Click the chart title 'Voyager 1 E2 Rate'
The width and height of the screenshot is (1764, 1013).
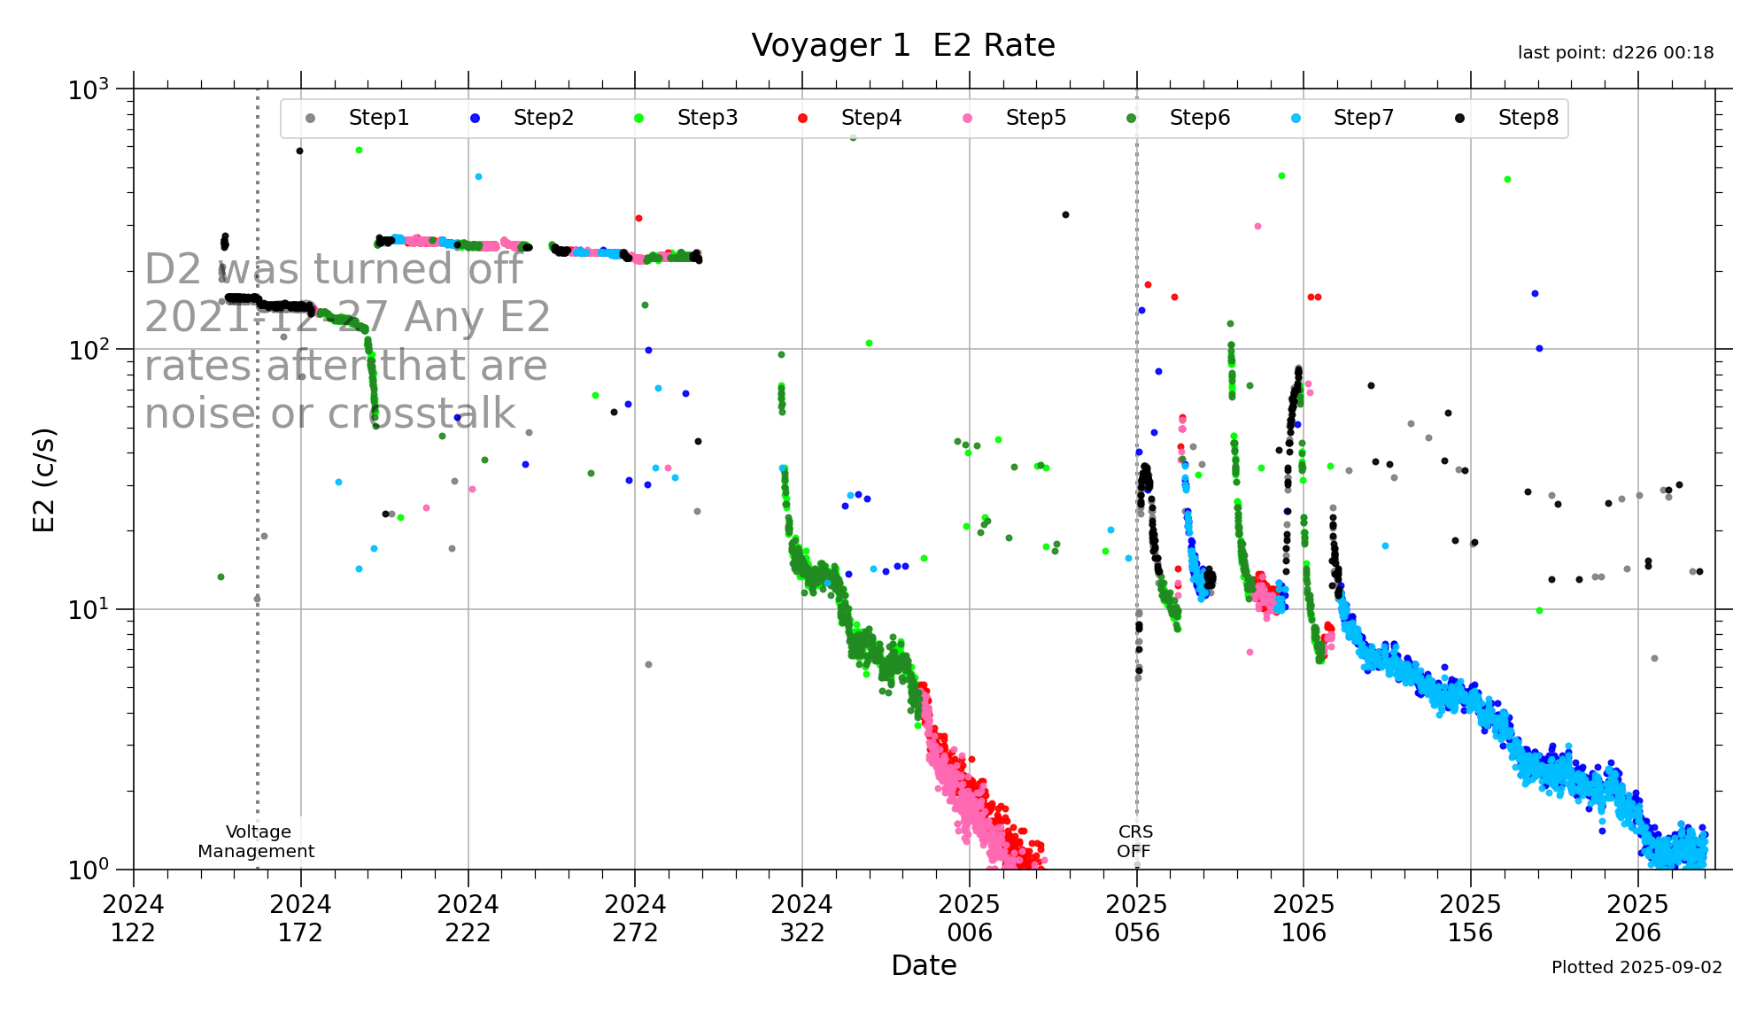pos(902,45)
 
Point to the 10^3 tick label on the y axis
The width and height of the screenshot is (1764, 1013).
pos(89,89)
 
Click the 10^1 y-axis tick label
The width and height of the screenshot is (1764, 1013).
pos(89,610)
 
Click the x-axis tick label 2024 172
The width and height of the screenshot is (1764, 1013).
pos(300,918)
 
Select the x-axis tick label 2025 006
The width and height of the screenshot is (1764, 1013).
pos(969,918)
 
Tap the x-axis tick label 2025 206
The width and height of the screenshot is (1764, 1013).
pos(1637,918)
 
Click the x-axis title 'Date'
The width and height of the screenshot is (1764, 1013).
pos(924,965)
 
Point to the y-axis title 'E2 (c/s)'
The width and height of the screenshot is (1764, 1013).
pos(44,480)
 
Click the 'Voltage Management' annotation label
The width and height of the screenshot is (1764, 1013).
pos(257,841)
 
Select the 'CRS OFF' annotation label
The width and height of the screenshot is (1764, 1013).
pos(1134,841)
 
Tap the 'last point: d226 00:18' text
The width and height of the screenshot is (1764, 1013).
pos(1615,53)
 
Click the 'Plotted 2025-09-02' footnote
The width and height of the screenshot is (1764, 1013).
pos(1636,967)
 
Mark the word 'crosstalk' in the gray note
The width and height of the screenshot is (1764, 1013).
pos(422,414)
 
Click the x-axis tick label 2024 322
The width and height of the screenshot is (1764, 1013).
pos(801,918)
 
